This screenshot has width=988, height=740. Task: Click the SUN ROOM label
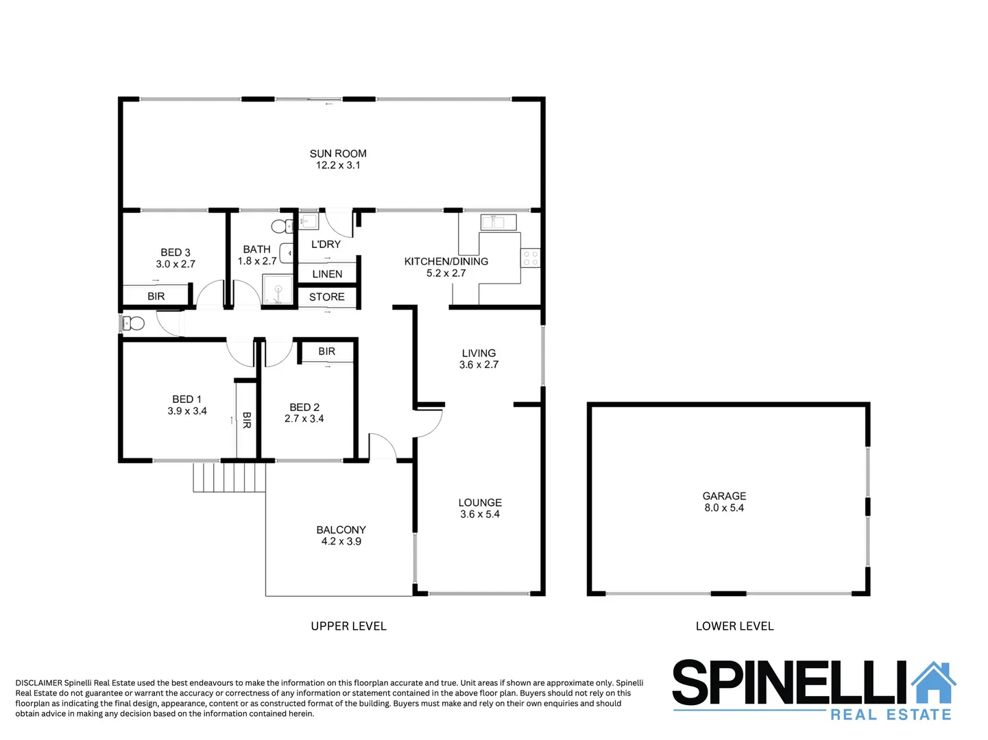[338, 153]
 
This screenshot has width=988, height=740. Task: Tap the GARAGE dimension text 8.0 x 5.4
[724, 508]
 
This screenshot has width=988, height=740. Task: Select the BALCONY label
[341, 530]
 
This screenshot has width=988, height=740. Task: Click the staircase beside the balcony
[229, 477]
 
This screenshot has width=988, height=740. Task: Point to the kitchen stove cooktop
[531, 258]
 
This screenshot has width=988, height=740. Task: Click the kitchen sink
[498, 222]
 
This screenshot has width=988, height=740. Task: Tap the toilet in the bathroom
[281, 226]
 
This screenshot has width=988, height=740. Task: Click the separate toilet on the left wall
[133, 323]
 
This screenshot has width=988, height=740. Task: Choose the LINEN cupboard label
[327, 274]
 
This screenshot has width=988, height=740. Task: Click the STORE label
[327, 297]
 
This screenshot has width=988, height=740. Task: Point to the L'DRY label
[326, 244]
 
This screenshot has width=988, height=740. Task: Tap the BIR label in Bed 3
[156, 296]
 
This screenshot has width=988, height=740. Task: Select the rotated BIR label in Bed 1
[247, 420]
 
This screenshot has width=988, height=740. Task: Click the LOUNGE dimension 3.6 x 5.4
[480, 514]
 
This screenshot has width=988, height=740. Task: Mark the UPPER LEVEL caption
[348, 626]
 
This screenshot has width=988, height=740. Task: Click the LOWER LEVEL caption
[734, 626]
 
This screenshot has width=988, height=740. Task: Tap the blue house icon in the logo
[933, 682]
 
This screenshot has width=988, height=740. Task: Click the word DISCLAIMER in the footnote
[38, 682]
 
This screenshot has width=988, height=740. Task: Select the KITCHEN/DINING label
[446, 261]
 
